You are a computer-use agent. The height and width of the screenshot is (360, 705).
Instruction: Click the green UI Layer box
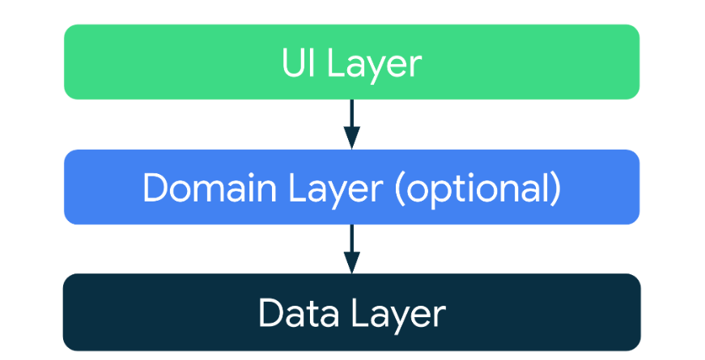click(351, 62)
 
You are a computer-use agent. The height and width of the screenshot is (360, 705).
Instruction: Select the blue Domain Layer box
click(351, 187)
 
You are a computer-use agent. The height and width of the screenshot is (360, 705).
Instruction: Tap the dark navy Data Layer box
click(351, 312)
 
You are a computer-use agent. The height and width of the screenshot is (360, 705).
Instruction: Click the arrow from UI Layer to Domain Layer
click(351, 124)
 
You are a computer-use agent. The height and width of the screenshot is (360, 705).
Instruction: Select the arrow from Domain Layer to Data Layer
click(351, 248)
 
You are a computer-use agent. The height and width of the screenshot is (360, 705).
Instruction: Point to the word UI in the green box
click(296, 62)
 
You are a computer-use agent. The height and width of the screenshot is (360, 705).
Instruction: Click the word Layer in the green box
click(374, 66)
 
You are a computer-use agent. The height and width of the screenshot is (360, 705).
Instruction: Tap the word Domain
click(210, 187)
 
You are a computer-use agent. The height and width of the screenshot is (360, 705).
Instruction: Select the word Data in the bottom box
click(299, 312)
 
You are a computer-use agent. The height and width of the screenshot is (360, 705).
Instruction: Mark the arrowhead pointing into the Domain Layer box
click(351, 138)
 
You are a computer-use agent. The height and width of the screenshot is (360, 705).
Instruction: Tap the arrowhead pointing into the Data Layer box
click(351, 262)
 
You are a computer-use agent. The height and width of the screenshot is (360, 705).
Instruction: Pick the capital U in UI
click(293, 62)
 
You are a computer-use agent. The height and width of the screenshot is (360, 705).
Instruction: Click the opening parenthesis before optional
click(400, 191)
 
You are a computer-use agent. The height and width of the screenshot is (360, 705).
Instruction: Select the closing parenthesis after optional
click(556, 191)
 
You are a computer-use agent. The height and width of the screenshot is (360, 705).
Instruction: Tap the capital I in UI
click(309, 62)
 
